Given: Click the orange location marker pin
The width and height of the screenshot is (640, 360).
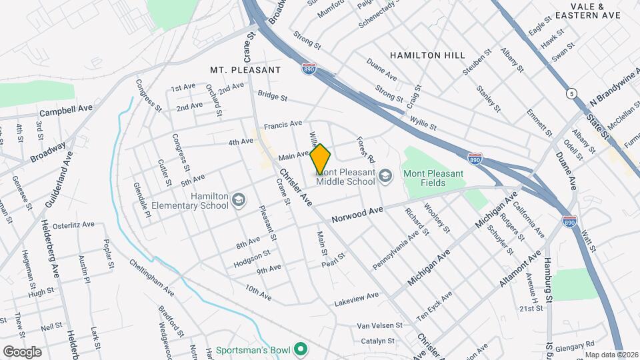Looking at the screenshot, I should pos(320,159).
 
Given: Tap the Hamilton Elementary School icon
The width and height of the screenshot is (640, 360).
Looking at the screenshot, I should pos(238,200).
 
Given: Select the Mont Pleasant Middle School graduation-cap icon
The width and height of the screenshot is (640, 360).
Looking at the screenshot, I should pos(385,177).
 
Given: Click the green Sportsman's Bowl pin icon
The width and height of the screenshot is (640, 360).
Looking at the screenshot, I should pos(301,349).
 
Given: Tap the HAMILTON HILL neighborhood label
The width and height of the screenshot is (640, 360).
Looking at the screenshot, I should pos(427,55).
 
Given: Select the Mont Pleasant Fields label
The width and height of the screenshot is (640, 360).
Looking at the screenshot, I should pos(433,179).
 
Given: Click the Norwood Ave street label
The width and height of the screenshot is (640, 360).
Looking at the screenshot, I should pos(357,215).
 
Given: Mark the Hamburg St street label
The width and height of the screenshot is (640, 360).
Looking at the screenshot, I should pos(548,275).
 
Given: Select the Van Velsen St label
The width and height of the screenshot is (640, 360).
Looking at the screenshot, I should pos(380,325).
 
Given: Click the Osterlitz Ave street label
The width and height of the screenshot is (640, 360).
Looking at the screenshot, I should pos(75,225).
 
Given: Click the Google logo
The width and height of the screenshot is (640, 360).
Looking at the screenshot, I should pos(22,351).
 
